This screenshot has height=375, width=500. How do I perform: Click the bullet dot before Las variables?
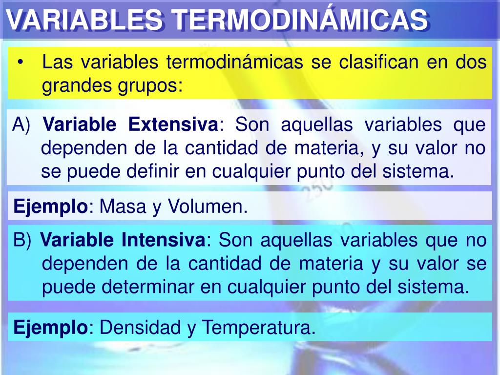pos(21,63)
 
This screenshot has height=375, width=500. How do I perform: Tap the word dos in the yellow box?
pos(472,62)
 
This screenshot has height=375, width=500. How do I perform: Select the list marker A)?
pos(21,125)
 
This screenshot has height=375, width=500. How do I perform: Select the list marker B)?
pos(22,240)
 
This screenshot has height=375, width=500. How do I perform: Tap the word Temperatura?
pos(257,327)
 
